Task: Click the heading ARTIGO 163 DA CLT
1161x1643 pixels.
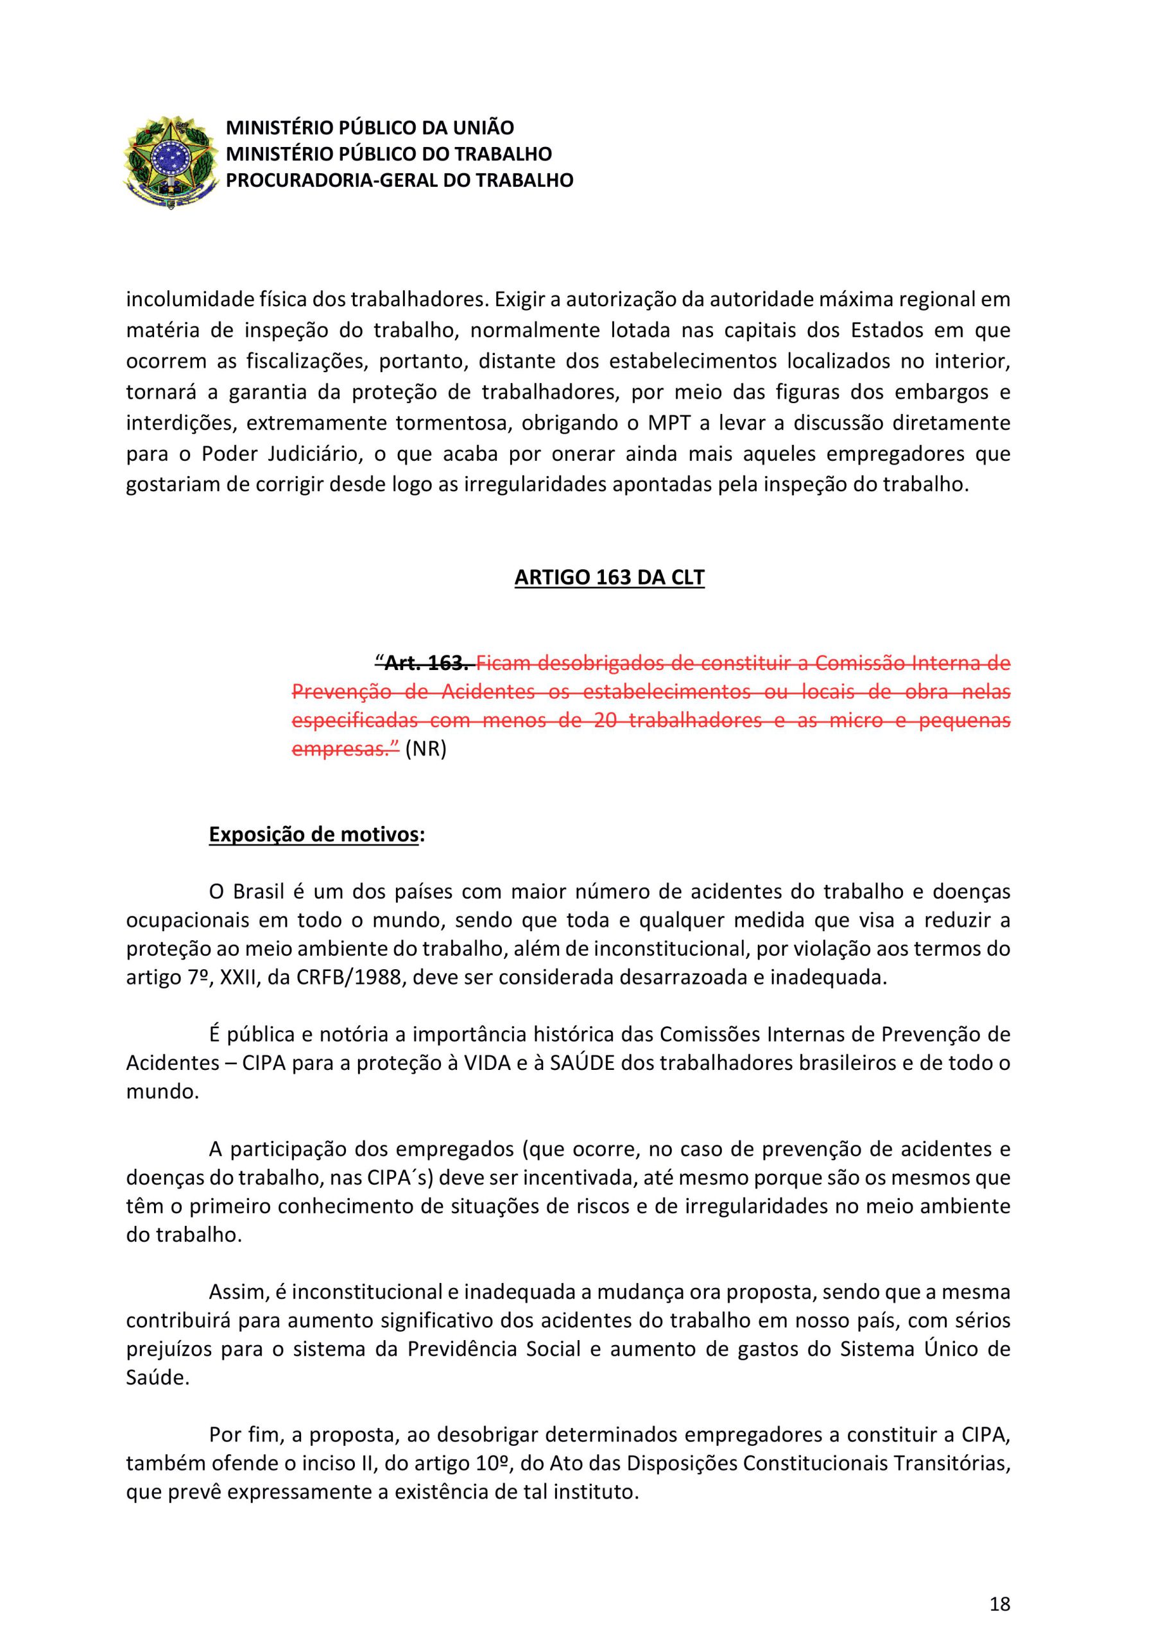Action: coord(609,577)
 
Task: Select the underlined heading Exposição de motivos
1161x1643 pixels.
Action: coord(313,834)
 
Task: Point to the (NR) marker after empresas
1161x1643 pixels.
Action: coord(425,750)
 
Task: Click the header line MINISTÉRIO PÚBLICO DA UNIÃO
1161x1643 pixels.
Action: coord(370,128)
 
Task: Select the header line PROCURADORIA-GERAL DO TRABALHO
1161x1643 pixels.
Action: coord(399,180)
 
